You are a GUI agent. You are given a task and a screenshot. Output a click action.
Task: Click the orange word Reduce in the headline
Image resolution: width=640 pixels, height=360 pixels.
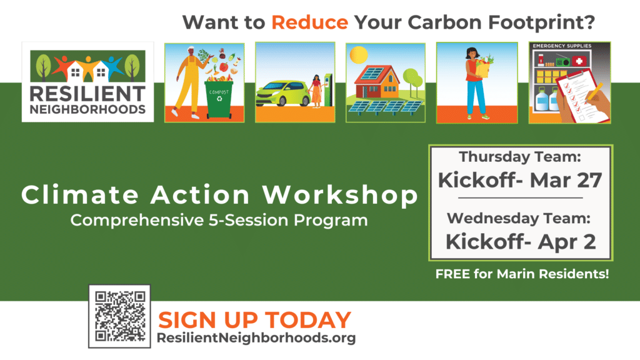click(x=310, y=22)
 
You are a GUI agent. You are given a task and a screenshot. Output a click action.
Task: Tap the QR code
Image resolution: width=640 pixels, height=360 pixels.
click(x=119, y=316)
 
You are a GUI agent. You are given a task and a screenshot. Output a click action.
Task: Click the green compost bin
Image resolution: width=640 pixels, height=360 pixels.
click(x=219, y=99)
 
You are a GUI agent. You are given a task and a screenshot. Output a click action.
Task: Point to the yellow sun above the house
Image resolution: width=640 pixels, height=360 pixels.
click(x=359, y=55)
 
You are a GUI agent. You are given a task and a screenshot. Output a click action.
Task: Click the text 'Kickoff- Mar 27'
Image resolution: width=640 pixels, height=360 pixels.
click(x=520, y=180)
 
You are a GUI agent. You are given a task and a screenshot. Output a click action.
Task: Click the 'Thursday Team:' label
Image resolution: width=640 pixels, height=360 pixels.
click(x=520, y=157)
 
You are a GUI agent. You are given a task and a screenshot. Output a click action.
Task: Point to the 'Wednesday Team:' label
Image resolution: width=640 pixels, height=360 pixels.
click(x=519, y=218)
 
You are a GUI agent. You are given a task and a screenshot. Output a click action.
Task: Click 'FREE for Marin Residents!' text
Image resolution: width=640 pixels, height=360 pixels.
click(x=522, y=274)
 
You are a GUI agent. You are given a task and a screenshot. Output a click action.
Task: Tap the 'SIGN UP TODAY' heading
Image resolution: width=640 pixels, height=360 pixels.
click(x=254, y=319)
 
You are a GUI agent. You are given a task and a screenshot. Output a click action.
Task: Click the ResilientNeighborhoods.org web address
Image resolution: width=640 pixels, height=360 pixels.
click(x=256, y=338)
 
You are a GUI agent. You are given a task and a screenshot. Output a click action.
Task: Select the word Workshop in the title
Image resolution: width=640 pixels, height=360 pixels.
click(x=340, y=195)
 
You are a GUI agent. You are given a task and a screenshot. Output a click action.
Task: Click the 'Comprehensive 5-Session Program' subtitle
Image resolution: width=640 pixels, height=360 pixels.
click(x=219, y=221)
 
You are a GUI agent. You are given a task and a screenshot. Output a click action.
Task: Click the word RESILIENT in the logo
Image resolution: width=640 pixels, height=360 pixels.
click(x=87, y=94)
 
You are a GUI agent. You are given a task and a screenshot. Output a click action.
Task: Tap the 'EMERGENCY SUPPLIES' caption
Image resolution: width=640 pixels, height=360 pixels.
click(x=562, y=46)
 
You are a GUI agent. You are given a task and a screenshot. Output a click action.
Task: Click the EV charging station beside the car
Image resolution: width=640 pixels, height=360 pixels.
click(x=327, y=90)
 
